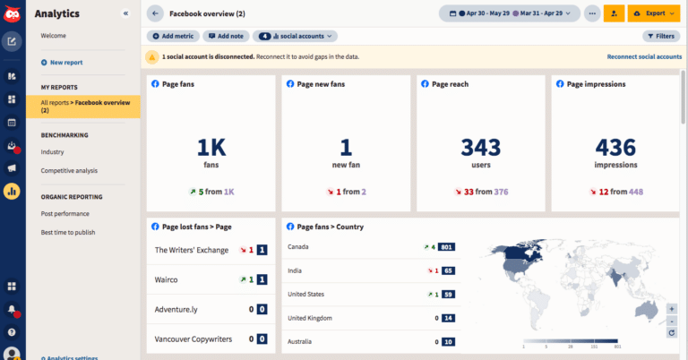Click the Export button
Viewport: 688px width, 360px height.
653,13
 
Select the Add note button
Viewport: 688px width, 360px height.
225,36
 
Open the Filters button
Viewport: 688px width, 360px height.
661,36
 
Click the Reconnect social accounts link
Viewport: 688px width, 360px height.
643,56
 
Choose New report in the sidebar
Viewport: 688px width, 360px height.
66,63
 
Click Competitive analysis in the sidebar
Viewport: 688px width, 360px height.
69,170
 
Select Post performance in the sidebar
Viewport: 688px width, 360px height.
64,214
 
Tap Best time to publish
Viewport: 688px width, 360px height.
68,232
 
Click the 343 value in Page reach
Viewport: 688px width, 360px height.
480,147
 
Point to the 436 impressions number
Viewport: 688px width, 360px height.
615,147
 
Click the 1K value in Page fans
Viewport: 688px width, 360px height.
211,147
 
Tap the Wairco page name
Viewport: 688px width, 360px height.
167,279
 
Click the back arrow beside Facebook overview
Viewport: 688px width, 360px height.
155,13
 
